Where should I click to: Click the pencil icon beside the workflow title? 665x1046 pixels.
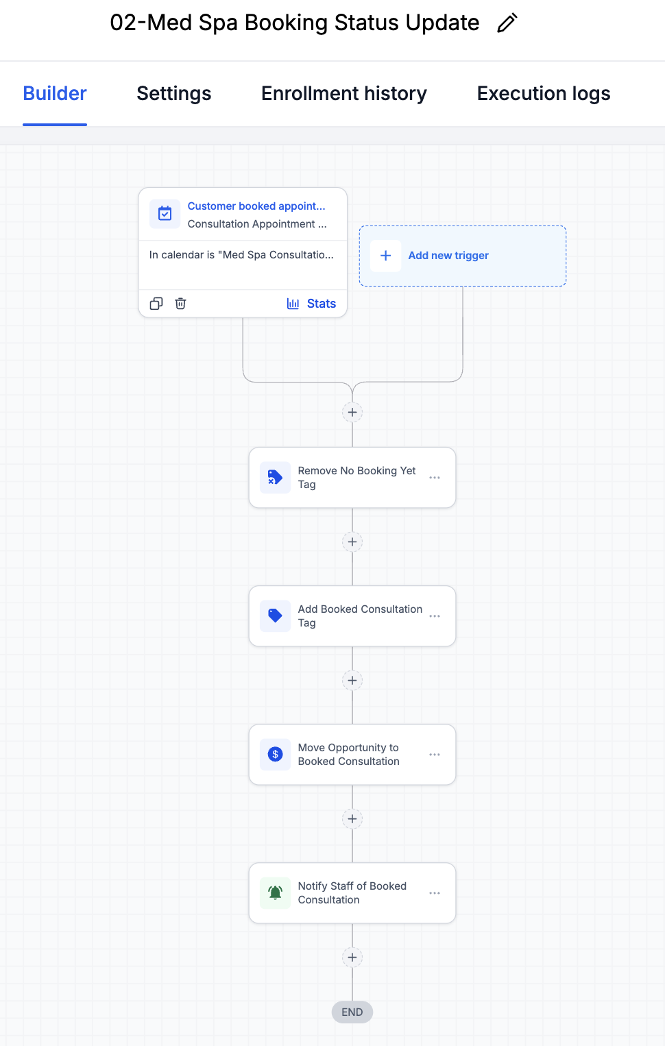click(507, 23)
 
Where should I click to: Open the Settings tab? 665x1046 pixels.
click(173, 93)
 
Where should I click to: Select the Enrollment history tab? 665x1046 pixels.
click(343, 93)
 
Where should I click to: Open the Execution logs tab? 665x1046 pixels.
click(544, 93)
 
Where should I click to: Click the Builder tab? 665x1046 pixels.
click(55, 93)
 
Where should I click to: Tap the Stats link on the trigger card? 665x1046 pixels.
click(311, 304)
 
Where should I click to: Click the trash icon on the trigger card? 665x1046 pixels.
click(180, 304)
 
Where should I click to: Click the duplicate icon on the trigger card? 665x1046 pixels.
click(156, 304)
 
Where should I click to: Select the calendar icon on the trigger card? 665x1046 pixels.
click(165, 213)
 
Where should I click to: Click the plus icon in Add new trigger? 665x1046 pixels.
click(386, 256)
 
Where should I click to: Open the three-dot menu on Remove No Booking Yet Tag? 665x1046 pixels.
click(434, 478)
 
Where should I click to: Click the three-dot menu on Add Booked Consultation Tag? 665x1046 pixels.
click(434, 616)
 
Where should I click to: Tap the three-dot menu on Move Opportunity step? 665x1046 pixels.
click(434, 755)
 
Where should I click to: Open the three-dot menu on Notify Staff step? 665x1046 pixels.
click(434, 893)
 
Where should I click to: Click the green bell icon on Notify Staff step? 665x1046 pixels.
click(275, 893)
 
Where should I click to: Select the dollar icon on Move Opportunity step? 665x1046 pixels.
click(275, 754)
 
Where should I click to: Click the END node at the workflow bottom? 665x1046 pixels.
click(352, 1012)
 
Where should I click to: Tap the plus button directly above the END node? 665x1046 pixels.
click(352, 958)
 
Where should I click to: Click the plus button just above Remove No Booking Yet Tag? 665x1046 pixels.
click(352, 413)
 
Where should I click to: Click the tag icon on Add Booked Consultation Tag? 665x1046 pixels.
click(275, 616)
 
